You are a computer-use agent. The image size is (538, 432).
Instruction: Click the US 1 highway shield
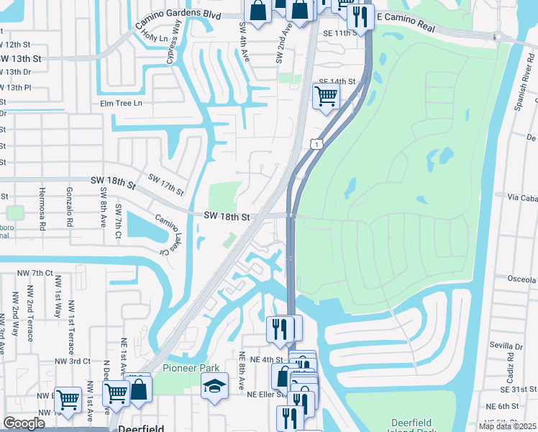click(x=316, y=145)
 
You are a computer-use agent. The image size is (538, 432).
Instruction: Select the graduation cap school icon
click(x=214, y=389)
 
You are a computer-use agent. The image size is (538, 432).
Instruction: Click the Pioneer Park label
click(x=191, y=367)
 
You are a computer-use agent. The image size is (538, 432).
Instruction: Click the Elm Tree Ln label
click(x=122, y=103)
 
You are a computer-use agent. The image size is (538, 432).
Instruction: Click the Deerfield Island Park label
click(x=414, y=425)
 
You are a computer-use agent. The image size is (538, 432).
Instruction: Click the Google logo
click(x=24, y=423)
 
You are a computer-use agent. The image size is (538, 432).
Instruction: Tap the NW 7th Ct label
click(x=37, y=274)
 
